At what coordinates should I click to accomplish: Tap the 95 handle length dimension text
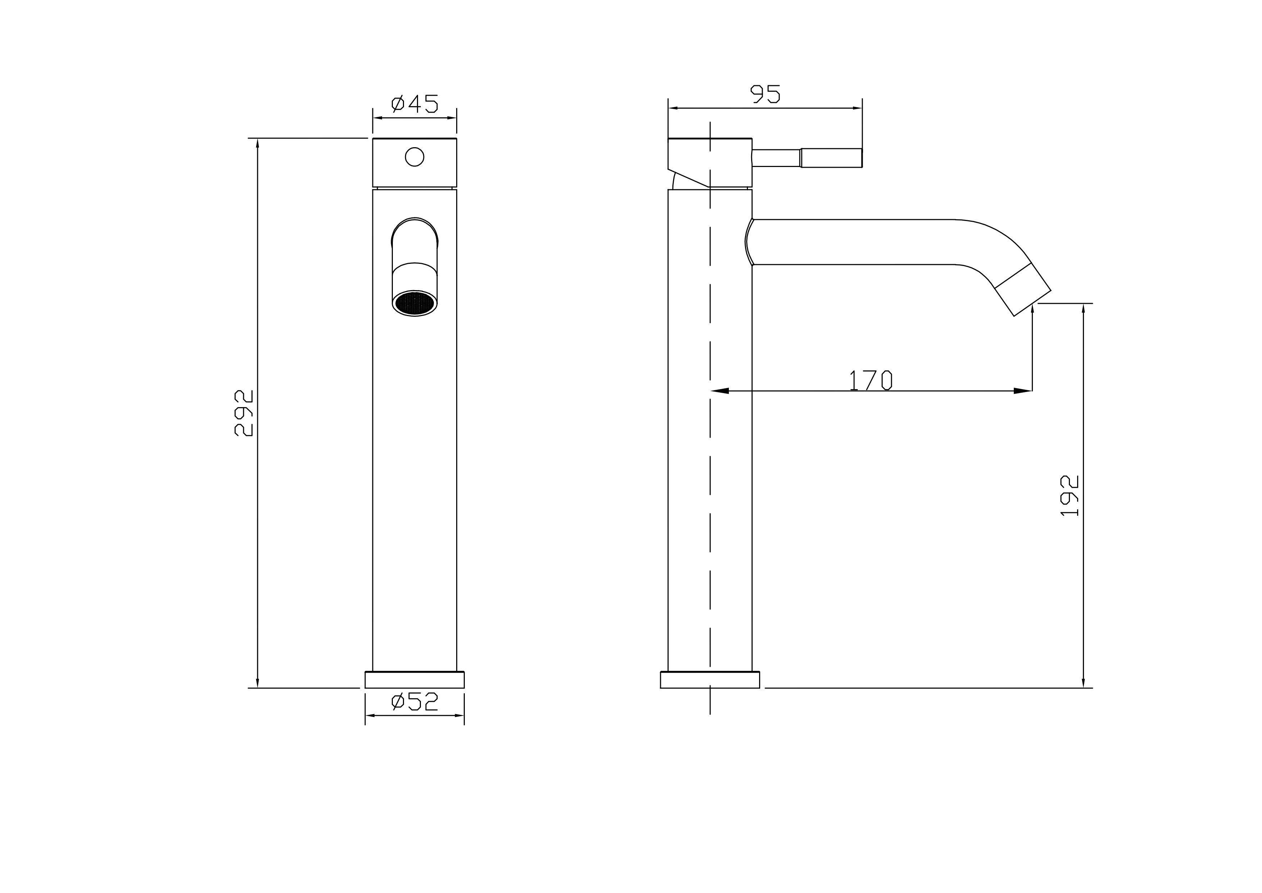(x=765, y=94)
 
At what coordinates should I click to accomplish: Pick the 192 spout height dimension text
(x=1069, y=495)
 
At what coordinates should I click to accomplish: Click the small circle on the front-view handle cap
(x=414, y=157)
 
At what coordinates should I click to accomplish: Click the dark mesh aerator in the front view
(x=414, y=303)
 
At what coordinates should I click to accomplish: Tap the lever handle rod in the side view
(x=807, y=158)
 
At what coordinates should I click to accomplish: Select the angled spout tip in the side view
(x=1023, y=289)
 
